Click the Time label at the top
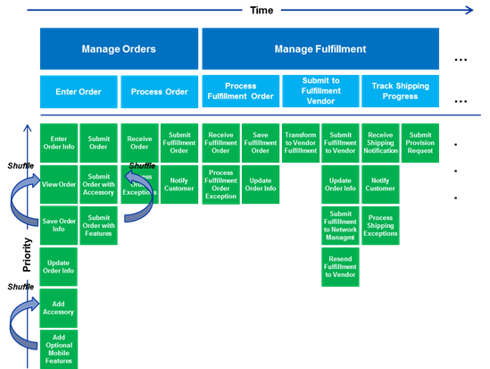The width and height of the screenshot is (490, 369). [x=262, y=11]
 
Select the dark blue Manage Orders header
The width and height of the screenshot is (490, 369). [x=119, y=48]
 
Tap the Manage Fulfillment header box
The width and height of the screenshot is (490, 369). [x=320, y=48]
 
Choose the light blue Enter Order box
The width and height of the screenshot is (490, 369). [x=79, y=91]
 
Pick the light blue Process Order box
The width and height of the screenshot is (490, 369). [x=159, y=91]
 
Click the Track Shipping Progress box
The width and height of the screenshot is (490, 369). [x=400, y=91]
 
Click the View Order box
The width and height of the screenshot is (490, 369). [x=59, y=185]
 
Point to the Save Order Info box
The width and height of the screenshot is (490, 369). [x=59, y=225]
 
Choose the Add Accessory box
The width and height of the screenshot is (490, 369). [x=59, y=307]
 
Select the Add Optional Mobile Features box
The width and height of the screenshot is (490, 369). [x=59, y=348]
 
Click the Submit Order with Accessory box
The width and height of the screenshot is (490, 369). [x=99, y=185]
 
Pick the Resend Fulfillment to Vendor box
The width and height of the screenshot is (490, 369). [x=340, y=267]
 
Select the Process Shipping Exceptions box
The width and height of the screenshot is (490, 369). [x=380, y=225]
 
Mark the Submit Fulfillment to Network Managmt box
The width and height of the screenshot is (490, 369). [x=340, y=225]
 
